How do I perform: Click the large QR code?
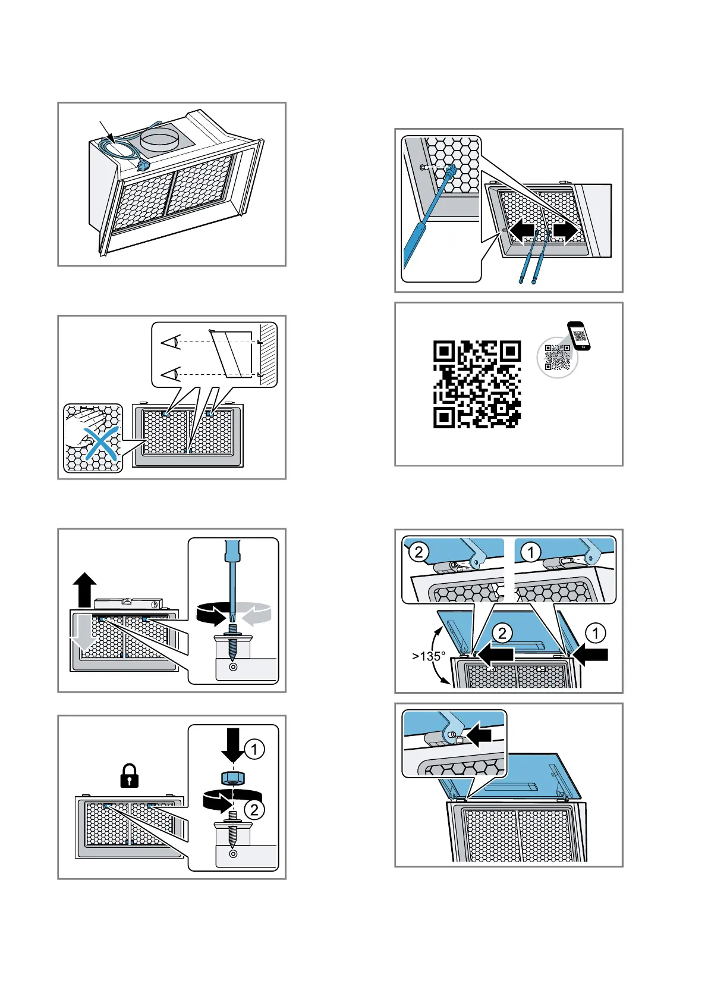coord(477,384)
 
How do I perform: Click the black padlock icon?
coord(129,776)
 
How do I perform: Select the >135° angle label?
coord(429,656)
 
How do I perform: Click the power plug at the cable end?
coord(142,165)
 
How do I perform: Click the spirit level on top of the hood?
coord(128,604)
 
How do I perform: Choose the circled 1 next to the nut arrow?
coord(254,749)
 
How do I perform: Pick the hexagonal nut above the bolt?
coord(232,777)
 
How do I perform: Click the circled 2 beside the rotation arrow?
coord(254,810)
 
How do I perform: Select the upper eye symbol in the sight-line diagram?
coord(171,342)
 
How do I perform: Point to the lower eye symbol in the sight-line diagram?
coord(171,374)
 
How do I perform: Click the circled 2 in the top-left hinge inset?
coord(418,552)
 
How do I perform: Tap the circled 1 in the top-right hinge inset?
coord(530,552)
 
